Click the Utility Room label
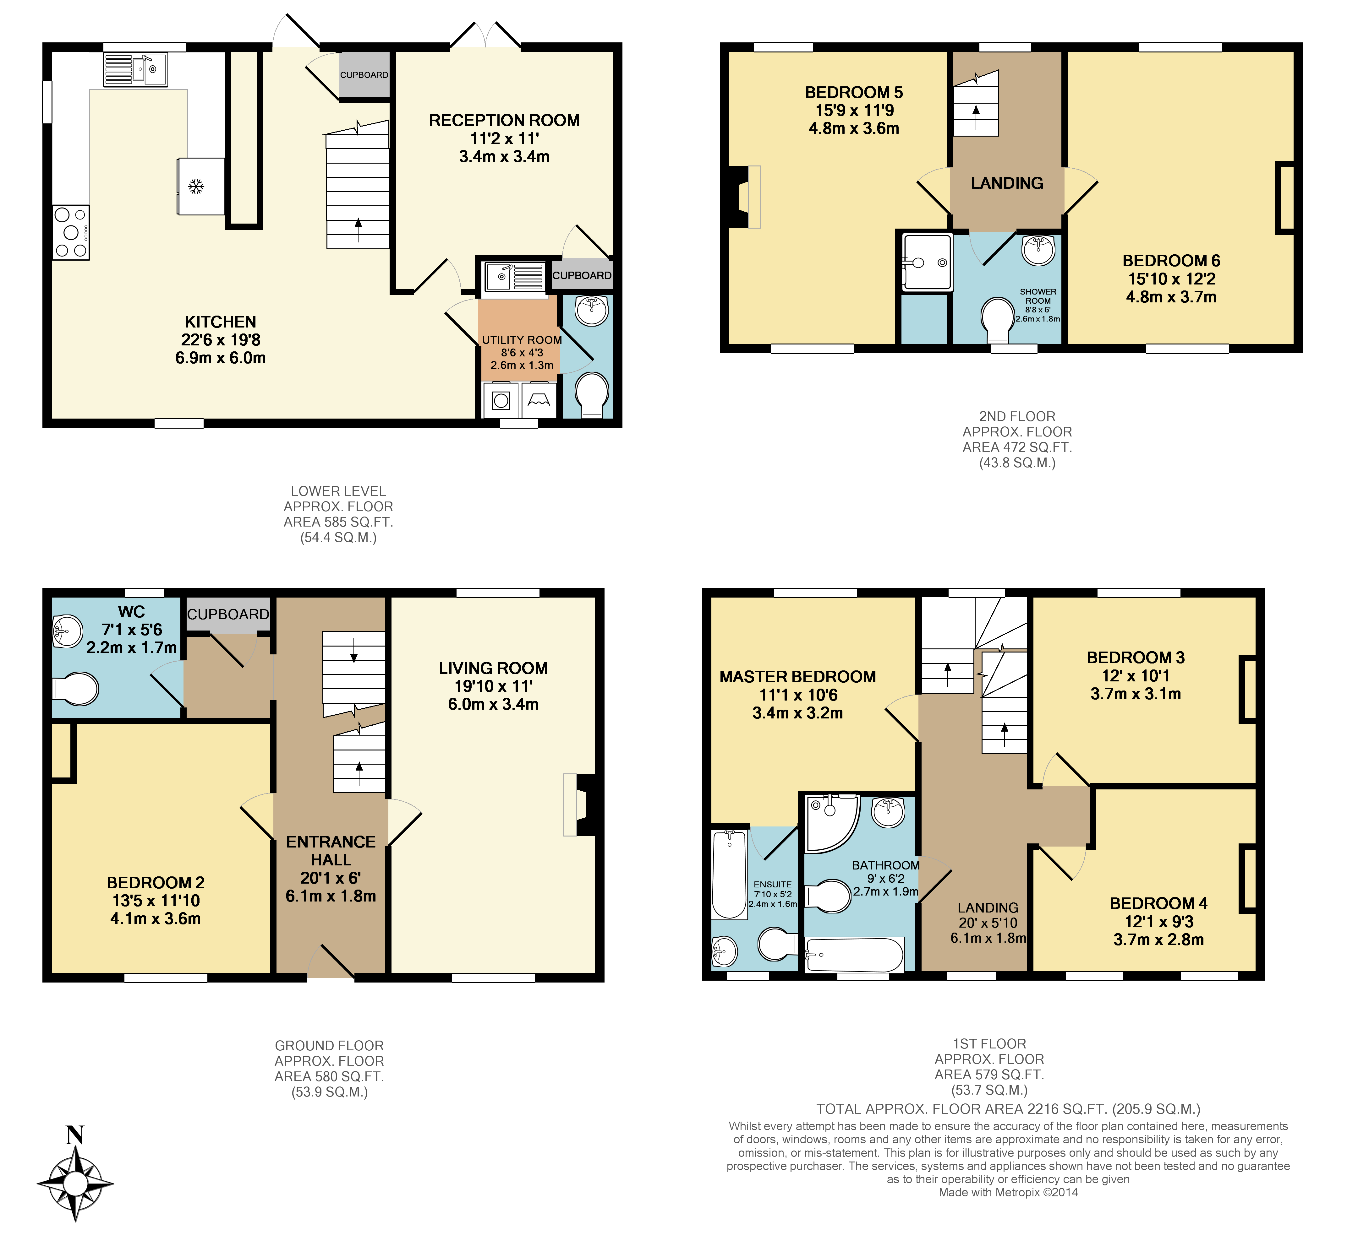[x=522, y=340]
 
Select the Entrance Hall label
[x=331, y=851]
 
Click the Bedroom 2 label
[x=155, y=883]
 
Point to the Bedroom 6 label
[x=1171, y=261]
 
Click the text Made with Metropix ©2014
[x=1008, y=1211]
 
